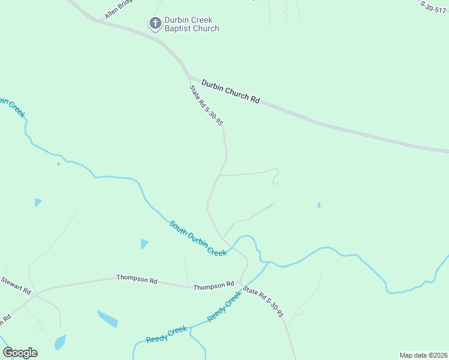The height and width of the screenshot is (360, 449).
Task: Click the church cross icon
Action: pos(154,23)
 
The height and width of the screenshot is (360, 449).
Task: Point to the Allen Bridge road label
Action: pos(118,10)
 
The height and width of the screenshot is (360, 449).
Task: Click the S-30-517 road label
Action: pos(434,6)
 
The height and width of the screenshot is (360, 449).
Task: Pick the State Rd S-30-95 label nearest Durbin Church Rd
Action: pos(206,105)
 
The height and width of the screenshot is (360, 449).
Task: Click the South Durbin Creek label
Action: pos(198,238)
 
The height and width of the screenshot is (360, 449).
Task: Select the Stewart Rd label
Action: pos(15,284)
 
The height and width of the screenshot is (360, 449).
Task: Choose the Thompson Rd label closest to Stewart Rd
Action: pos(137,278)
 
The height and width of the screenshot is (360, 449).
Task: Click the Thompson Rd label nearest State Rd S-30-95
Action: pos(214,286)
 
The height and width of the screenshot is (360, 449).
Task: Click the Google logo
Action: pos(20,352)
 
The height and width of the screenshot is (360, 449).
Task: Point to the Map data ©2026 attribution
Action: pos(423,355)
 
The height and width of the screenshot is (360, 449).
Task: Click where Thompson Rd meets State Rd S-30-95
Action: pos(240,283)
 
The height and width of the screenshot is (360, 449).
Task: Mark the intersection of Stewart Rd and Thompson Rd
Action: pos(35,294)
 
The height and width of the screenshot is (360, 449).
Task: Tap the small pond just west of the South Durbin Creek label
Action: pos(144,244)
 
